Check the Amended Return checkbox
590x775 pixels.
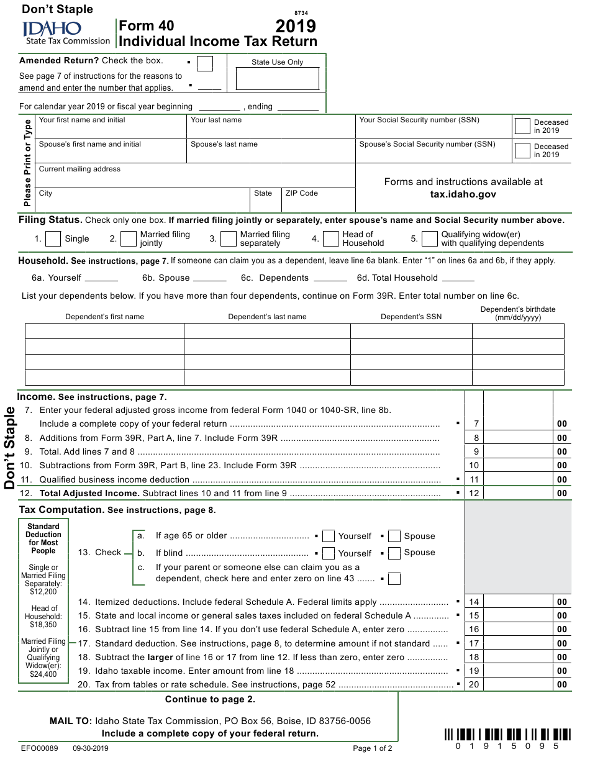pyautogui.click(x=204, y=63)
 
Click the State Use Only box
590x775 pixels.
pyautogui.click(x=277, y=79)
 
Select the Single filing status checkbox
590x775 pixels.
pyautogui.click(x=53, y=238)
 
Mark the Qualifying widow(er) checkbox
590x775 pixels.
pyautogui.click(x=430, y=238)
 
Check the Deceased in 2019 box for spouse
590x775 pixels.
pyautogui.click(x=522, y=150)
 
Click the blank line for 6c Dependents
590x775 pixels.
pyautogui.click(x=330, y=278)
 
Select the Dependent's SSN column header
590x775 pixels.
pyautogui.click(x=411, y=317)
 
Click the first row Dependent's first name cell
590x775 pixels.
pyautogui.click(x=104, y=331)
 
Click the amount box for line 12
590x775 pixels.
pyautogui.click(x=518, y=493)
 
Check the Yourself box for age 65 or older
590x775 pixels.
pyautogui.click(x=329, y=536)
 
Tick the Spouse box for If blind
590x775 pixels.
pyautogui.click(x=394, y=553)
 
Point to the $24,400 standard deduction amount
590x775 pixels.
pyautogui.click(x=43, y=674)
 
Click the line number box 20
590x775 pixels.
pyautogui.click(x=474, y=684)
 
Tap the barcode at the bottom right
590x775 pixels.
pyautogui.click(x=507, y=735)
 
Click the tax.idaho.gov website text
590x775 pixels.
pyautogui.click(x=463, y=194)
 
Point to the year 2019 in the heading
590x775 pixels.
pyautogui.click(x=296, y=26)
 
